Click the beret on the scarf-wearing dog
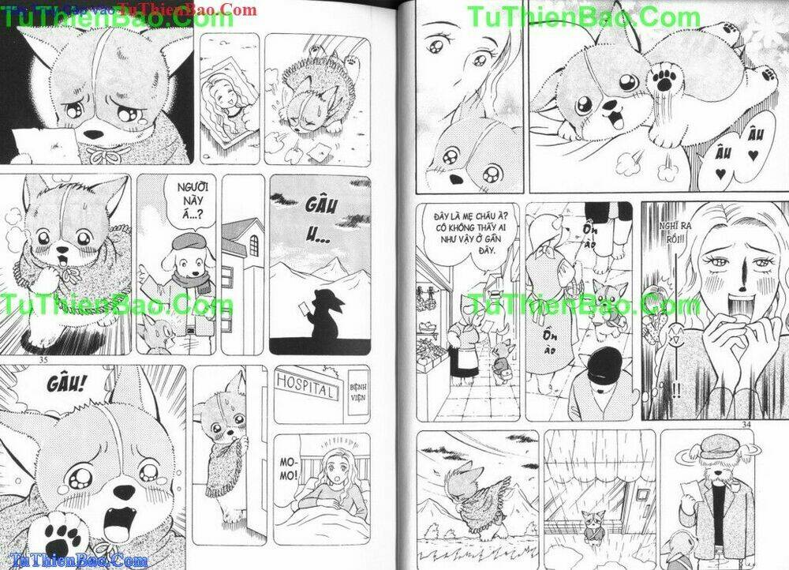click(x=189, y=241)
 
